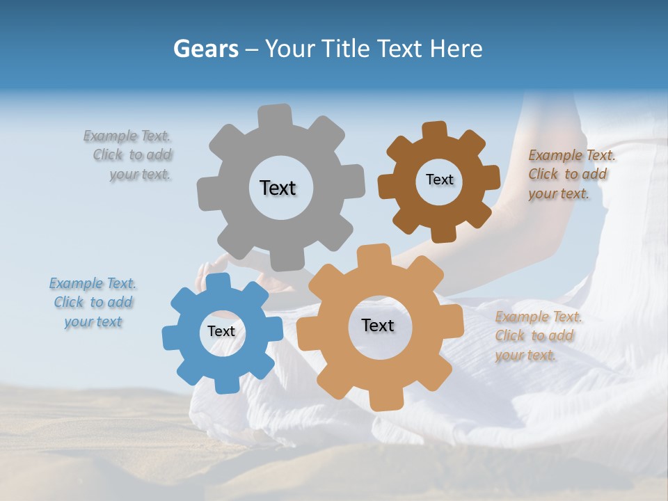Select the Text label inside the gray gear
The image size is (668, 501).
[278, 188]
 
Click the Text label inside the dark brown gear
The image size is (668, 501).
[439, 180]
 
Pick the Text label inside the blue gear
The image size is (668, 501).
[221, 331]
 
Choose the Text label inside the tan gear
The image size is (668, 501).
[378, 325]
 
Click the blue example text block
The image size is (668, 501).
[93, 303]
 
